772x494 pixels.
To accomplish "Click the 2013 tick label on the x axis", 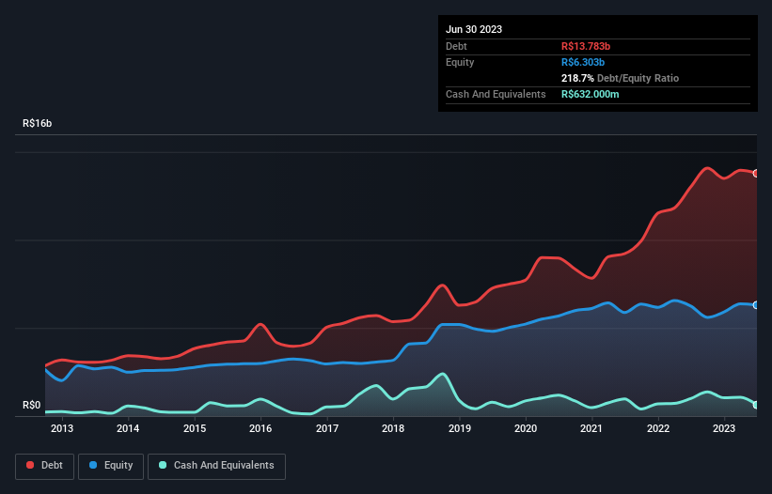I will coord(62,429).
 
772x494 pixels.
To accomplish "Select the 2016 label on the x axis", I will coord(260,429).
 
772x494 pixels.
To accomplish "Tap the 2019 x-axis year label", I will coord(460,429).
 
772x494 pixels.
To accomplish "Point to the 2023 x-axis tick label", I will coord(724,429).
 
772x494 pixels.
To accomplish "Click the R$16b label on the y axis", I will coord(38,124).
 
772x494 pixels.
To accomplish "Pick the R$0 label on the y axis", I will coord(32,406).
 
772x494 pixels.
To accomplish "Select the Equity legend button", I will coord(111,466).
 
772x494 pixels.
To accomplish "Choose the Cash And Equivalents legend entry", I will coord(216,466).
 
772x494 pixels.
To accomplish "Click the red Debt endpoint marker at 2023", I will coord(755,174).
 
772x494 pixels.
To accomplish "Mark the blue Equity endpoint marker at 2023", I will coord(755,305).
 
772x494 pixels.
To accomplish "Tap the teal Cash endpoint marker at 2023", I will coord(755,405).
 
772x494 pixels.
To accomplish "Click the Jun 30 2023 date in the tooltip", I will coord(474,29).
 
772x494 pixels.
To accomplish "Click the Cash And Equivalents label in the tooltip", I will coord(496,94).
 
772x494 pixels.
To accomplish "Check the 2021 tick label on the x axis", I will coord(591,429).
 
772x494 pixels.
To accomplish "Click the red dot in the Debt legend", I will coord(31,466).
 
